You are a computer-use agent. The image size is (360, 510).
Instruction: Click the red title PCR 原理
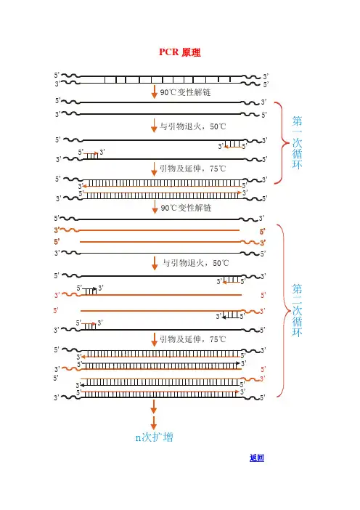tap(180, 52)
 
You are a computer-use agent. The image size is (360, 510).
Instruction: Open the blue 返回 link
tap(257, 458)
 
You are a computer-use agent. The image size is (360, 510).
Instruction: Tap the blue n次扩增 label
tap(154, 437)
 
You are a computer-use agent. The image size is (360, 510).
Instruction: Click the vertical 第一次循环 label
tap(297, 142)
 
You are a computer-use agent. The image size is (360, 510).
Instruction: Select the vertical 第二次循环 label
tap(297, 310)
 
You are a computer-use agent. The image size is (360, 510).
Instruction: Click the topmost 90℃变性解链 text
tap(185, 92)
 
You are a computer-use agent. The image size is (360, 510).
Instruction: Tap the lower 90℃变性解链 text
tap(186, 208)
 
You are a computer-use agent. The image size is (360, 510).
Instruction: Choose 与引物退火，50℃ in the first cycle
tap(192, 126)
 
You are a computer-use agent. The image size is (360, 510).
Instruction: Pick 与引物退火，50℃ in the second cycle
tap(195, 263)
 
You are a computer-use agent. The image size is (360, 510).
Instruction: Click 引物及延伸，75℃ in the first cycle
tap(192, 169)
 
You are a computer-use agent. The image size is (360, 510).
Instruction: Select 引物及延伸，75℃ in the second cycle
tap(192, 339)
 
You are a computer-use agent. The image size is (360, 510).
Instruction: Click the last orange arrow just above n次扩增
tap(154, 423)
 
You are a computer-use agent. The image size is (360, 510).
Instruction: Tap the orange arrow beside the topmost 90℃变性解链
tap(154, 92)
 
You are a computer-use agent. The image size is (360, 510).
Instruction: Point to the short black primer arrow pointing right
tap(90, 289)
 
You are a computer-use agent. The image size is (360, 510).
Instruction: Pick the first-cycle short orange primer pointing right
tap(91, 153)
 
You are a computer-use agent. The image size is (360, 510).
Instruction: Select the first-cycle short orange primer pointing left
tap(233, 147)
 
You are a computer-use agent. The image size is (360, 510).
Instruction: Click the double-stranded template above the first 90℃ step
tap(161, 80)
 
